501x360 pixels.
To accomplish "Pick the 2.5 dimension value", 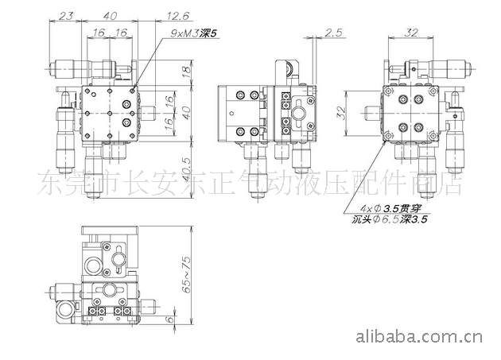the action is tap(333, 33).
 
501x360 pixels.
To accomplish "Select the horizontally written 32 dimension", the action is tap(411, 33).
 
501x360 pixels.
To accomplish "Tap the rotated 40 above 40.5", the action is tap(186, 112).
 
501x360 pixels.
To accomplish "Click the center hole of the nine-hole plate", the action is tap(110, 112).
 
